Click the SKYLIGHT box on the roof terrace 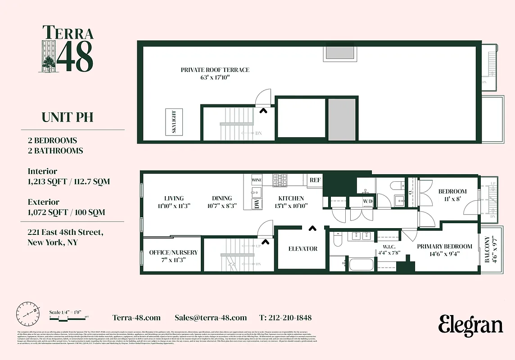174,121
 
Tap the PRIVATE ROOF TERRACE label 215,70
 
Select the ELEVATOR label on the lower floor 303,248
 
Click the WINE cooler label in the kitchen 256,180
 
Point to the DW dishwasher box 256,204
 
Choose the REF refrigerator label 315,180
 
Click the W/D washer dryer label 368,200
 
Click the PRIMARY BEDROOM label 444,246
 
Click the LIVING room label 174,198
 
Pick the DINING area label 222,198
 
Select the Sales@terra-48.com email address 211,318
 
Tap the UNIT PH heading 68,117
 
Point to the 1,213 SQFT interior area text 69,182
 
